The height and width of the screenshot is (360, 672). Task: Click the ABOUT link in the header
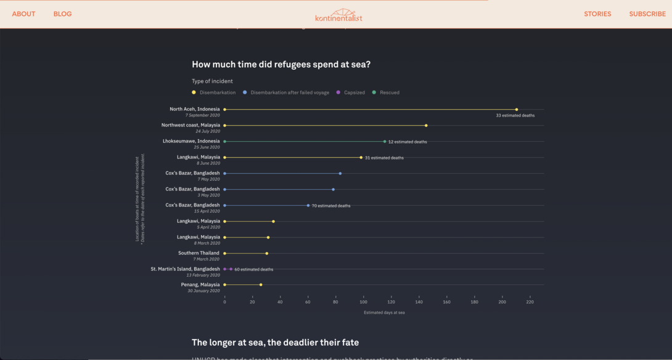[23, 14]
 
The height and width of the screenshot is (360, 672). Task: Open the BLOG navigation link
[62, 14]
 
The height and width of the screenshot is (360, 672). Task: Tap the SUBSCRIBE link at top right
[647, 14]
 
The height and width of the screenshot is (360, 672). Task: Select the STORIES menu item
[597, 14]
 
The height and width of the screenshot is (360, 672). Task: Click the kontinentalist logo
[338, 15]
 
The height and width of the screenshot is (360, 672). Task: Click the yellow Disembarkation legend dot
[194, 92]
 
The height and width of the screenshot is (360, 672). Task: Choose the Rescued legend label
[390, 92]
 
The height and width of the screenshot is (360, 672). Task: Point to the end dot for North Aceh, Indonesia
[517, 109]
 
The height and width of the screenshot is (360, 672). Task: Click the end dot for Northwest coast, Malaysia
[426, 125]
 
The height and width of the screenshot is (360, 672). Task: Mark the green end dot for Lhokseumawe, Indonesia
[385, 141]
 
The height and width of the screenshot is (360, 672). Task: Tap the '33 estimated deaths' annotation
[515, 115]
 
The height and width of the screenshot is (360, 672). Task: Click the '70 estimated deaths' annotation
[331, 206]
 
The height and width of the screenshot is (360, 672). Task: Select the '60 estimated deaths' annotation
[253, 269]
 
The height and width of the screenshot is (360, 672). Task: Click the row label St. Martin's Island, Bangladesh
[185, 269]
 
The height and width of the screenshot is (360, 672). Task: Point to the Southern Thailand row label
[199, 253]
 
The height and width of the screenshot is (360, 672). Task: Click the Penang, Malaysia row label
[200, 285]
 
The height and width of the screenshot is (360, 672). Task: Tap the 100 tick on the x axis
[363, 302]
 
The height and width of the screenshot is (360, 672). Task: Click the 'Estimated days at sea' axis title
[384, 313]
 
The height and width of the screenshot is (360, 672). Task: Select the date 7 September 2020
[203, 115]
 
